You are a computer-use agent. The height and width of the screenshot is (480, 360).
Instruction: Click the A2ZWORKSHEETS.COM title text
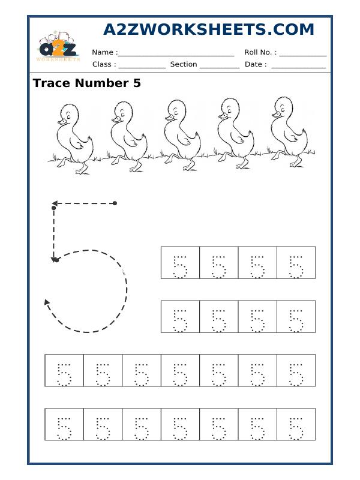click(209, 30)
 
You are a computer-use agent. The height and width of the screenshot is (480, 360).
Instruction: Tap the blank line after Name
click(176, 53)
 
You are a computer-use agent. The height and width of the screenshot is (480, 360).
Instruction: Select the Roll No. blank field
click(302, 53)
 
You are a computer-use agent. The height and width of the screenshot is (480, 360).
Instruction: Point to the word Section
click(184, 64)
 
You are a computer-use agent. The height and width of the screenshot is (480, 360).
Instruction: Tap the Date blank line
click(298, 65)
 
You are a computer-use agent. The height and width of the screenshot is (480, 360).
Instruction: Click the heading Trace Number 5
click(87, 83)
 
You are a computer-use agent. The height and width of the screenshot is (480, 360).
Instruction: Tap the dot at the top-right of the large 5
click(115, 203)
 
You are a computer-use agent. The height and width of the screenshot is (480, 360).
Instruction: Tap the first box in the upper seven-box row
click(64, 370)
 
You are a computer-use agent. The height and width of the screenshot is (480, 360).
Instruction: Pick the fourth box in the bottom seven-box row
click(180, 424)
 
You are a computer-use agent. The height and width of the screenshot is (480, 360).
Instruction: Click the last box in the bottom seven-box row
click(296, 424)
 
